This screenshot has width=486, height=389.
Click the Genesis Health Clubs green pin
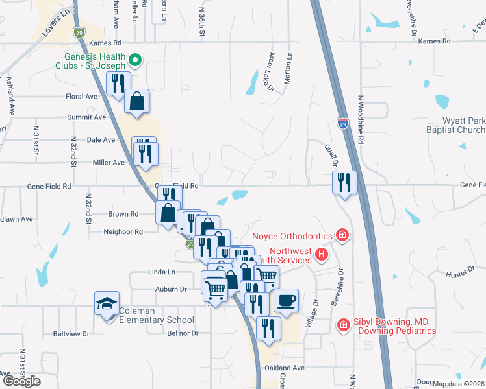(x=135, y=61)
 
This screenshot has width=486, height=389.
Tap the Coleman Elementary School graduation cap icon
(x=107, y=303)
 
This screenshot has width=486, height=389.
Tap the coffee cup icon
(x=286, y=300)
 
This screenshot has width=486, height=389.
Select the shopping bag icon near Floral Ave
(x=137, y=101)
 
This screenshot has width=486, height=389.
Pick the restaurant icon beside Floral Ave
(x=118, y=83)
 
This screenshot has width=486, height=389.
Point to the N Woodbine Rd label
(x=360, y=120)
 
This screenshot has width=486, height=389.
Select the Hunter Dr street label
(x=459, y=275)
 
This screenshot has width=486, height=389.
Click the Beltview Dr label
(x=71, y=334)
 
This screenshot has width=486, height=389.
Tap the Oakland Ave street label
(x=285, y=368)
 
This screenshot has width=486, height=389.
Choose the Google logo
(x=21, y=381)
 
